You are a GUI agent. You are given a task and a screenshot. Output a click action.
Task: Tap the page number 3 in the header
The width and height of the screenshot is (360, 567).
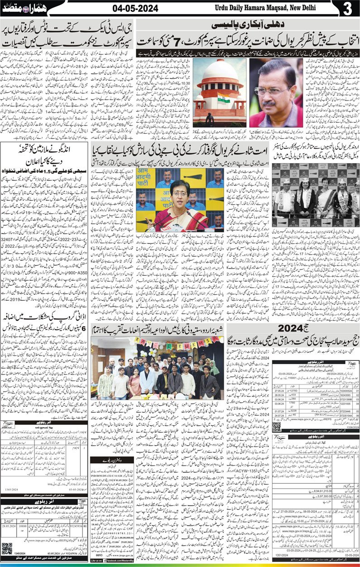coord(347,9)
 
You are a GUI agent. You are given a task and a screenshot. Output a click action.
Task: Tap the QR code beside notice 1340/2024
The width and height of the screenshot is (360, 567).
coord(7,548)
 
